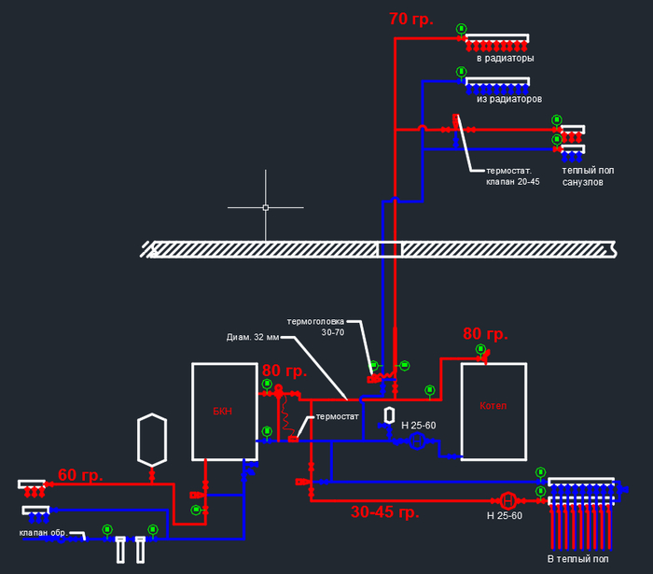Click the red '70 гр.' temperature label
[411, 19]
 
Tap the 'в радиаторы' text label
[505, 58]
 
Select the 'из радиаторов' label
[509, 98]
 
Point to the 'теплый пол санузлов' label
[583, 176]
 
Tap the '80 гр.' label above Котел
[485, 334]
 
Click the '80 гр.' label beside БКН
[284, 371]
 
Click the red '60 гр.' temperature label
[80, 474]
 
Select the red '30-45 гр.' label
[385, 512]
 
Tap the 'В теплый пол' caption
[578, 559]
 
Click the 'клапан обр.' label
[45, 533]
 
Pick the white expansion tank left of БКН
[151, 439]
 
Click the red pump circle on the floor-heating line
[509, 499]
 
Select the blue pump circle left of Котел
[418, 441]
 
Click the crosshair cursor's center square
[266, 207]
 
